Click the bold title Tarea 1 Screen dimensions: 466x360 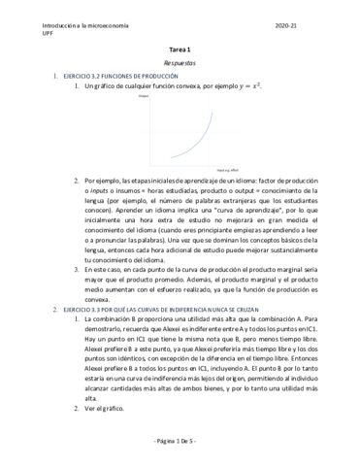pos(181,49)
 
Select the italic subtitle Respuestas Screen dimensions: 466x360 pos(180,61)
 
